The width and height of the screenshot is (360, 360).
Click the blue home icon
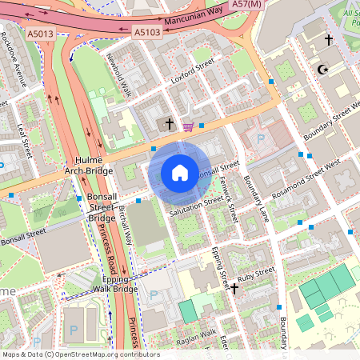click(x=179, y=173)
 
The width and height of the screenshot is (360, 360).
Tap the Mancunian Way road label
click(x=194, y=22)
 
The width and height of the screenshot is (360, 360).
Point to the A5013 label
click(x=42, y=34)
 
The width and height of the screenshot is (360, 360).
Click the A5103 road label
click(x=146, y=33)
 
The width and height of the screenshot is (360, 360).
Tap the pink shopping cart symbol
click(x=188, y=126)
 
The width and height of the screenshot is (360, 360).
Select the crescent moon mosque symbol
click(x=323, y=70)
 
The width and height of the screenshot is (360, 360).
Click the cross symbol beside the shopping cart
click(x=169, y=124)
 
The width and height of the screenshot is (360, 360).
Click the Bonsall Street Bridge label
click(x=102, y=207)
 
